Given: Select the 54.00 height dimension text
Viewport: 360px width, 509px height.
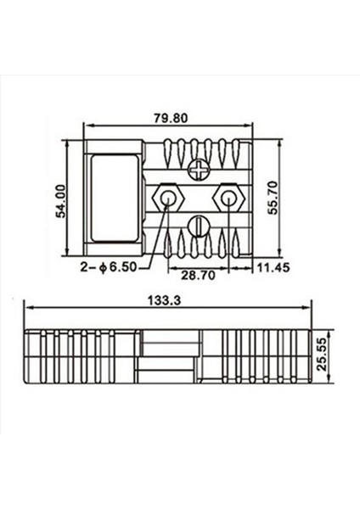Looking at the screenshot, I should click(x=60, y=199).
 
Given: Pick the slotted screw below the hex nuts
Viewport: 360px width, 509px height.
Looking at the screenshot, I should click(x=197, y=227).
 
